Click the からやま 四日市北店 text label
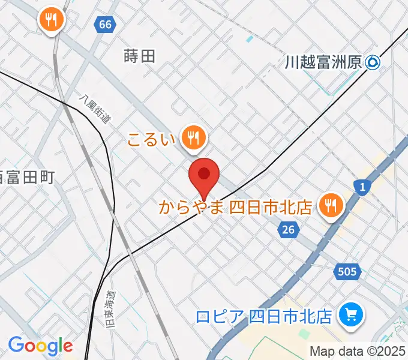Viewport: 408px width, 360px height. pos(235,208)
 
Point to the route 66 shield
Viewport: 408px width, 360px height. pos(105,25)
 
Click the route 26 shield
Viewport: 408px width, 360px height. pos(289,229)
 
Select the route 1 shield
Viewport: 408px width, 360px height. pos(362,188)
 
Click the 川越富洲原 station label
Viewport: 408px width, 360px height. pos(325,62)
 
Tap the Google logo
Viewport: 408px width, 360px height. pos(40,345)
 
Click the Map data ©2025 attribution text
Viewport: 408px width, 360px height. pos(358,351)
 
